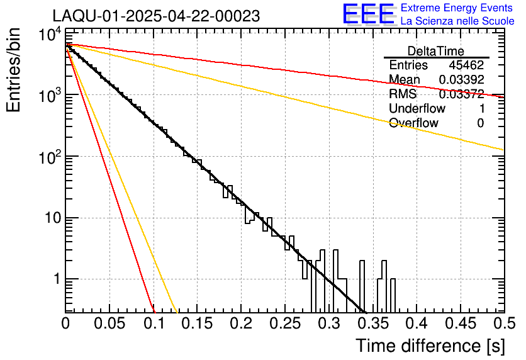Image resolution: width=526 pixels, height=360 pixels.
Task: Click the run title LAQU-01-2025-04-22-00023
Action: point(156,16)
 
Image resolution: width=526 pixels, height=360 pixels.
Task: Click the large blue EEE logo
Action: point(368,14)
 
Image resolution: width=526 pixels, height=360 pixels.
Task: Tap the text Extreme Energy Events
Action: point(457,8)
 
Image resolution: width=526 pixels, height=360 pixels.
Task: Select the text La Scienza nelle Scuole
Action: point(457,21)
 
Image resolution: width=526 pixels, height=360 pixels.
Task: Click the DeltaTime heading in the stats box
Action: point(436,51)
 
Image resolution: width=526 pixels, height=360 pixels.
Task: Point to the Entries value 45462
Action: point(466,65)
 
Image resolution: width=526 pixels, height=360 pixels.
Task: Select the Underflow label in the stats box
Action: point(416,108)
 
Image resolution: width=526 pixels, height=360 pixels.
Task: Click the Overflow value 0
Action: point(480,123)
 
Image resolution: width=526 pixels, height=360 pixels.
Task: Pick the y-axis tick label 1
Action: point(54,280)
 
